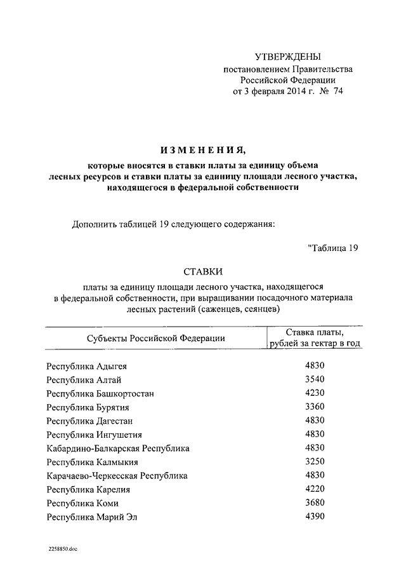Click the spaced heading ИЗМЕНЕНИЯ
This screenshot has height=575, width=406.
(202, 150)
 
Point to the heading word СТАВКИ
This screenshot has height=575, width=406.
(202, 271)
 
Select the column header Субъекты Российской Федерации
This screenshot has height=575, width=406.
(156, 339)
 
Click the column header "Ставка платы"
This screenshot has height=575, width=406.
(315, 333)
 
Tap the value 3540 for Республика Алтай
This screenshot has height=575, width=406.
(315, 380)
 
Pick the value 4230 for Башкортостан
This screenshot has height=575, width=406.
(315, 393)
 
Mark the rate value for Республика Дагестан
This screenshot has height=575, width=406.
(315, 421)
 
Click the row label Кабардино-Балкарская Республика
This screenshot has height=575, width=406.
(118, 449)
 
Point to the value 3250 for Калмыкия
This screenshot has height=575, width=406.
(315, 462)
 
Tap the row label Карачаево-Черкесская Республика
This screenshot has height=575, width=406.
(117, 476)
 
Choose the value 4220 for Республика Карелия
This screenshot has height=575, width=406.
(315, 489)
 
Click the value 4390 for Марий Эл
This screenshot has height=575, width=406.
(315, 517)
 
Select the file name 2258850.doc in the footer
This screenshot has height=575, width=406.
(62, 548)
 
